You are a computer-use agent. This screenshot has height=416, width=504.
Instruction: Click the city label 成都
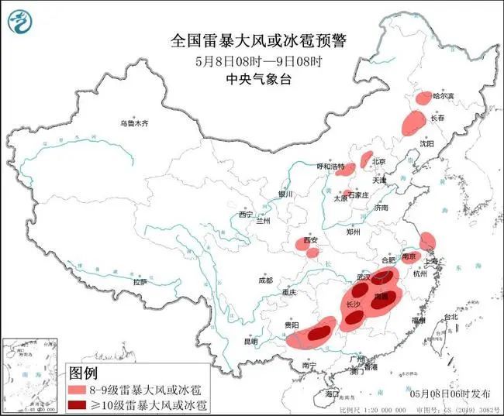point(265,280)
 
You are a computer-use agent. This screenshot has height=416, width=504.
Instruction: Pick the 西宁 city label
point(247,214)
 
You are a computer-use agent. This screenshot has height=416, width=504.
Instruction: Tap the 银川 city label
point(286,194)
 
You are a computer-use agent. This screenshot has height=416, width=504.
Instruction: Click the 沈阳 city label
point(449,143)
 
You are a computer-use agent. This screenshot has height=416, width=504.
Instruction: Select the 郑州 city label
point(354,231)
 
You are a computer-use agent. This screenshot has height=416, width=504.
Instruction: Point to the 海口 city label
point(333,394)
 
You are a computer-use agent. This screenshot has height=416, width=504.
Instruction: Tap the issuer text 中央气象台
point(252,78)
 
